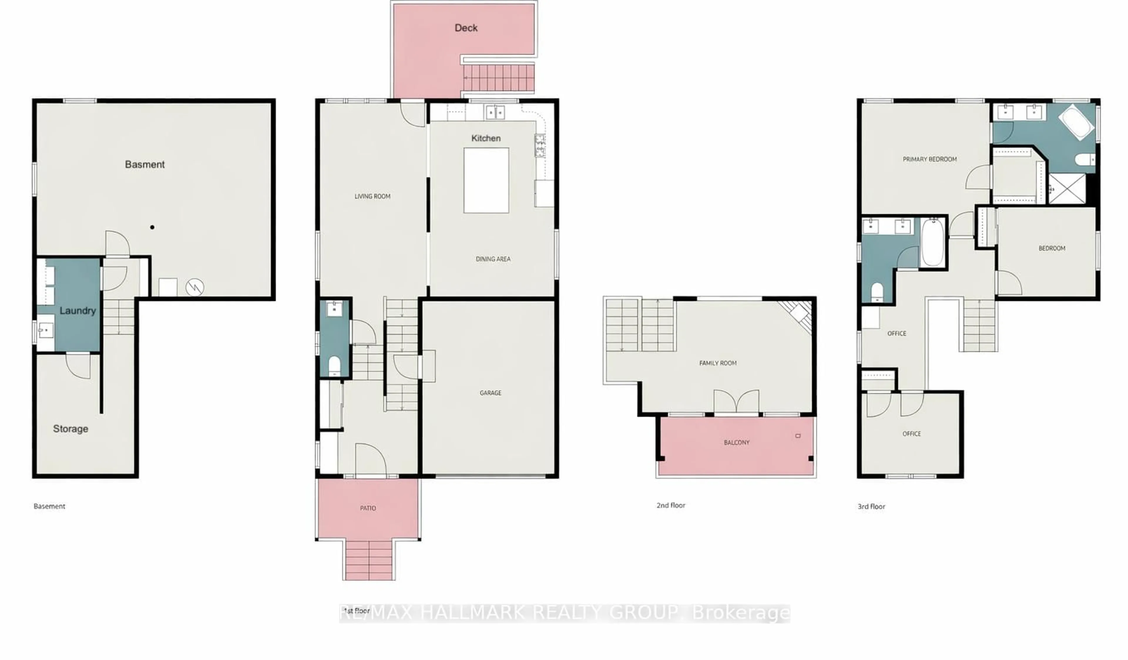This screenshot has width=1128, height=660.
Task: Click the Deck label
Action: [466, 28]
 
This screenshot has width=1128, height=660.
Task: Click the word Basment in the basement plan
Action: [145, 164]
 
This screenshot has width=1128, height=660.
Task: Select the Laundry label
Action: [78, 310]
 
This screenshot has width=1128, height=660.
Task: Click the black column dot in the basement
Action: [152, 227]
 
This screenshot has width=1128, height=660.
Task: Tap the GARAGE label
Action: [490, 393]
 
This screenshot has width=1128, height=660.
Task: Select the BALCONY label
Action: [736, 442]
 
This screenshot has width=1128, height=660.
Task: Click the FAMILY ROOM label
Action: [718, 363]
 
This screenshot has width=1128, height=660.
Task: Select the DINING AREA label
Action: [493, 259]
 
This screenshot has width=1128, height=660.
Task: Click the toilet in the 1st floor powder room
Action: [334, 365]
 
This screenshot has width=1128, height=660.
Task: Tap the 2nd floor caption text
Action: [671, 505]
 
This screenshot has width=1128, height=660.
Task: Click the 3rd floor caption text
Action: [871, 506]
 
